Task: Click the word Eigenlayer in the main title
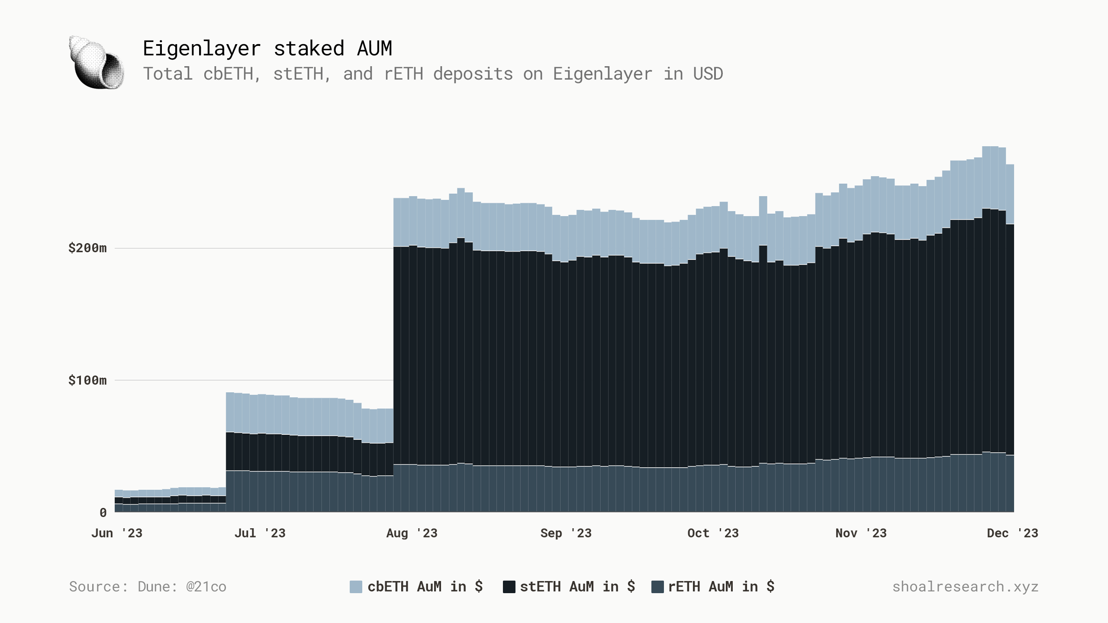[x=202, y=48]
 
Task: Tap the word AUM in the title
[x=374, y=48]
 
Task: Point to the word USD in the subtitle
[x=708, y=74]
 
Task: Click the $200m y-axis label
[x=87, y=248]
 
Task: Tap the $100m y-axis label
[x=87, y=380]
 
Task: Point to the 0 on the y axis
[x=103, y=513]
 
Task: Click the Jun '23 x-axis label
[x=117, y=533]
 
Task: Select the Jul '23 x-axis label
[x=260, y=533]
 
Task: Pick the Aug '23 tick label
[x=412, y=533]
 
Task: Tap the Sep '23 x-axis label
[x=566, y=533]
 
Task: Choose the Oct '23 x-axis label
[x=713, y=533]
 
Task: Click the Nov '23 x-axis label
[x=861, y=533]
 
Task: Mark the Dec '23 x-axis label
[x=1012, y=533]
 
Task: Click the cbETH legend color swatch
[x=356, y=587]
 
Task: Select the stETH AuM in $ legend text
[x=577, y=587]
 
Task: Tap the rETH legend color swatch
[x=657, y=587]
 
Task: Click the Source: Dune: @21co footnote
[x=148, y=587]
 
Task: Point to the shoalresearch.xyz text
[x=965, y=587]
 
